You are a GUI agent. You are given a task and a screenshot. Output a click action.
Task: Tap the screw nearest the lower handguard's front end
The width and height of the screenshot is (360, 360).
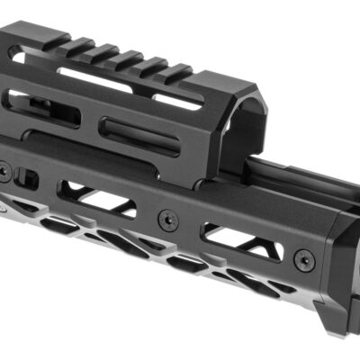pyautogui.click(x=306, y=260)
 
